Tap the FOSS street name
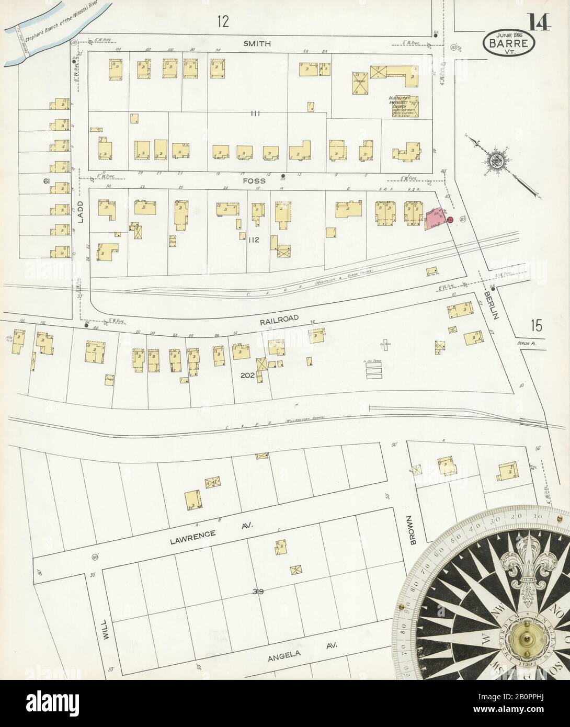(255, 181)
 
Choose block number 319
(256, 592)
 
